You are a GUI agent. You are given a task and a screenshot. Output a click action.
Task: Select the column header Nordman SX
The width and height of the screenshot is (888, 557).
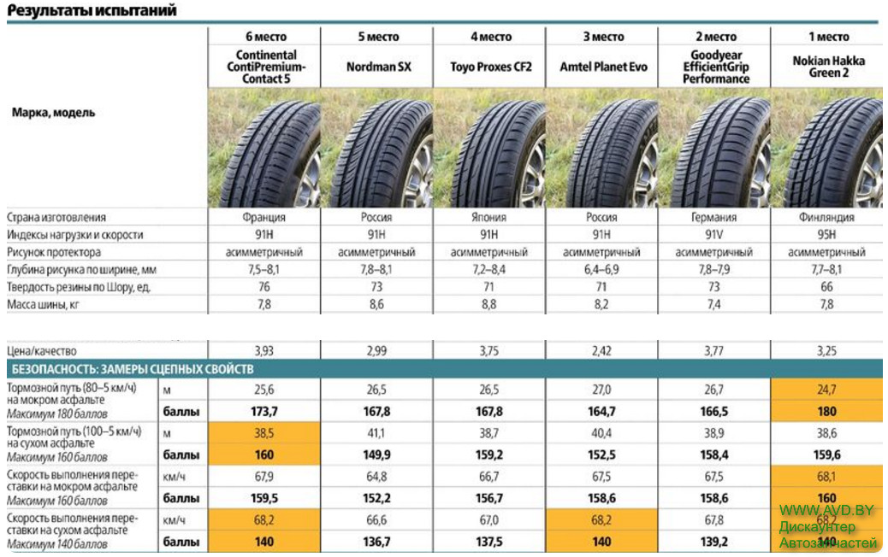[x=378, y=67]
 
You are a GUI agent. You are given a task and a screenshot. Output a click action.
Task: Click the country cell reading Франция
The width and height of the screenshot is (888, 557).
[x=265, y=217]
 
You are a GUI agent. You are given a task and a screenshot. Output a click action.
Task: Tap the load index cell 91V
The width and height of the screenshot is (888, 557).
[x=715, y=235]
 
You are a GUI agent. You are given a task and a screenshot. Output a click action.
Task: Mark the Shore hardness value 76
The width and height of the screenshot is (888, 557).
[x=265, y=288]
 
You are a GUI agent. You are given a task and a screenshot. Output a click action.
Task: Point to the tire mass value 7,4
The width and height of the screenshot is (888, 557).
[x=715, y=305]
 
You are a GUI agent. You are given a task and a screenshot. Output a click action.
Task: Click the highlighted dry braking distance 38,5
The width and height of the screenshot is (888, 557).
[x=265, y=433]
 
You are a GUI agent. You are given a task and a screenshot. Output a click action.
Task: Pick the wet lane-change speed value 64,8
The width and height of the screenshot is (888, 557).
[x=378, y=478]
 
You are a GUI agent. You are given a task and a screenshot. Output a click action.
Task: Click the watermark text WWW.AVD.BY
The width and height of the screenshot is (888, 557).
[x=826, y=510]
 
